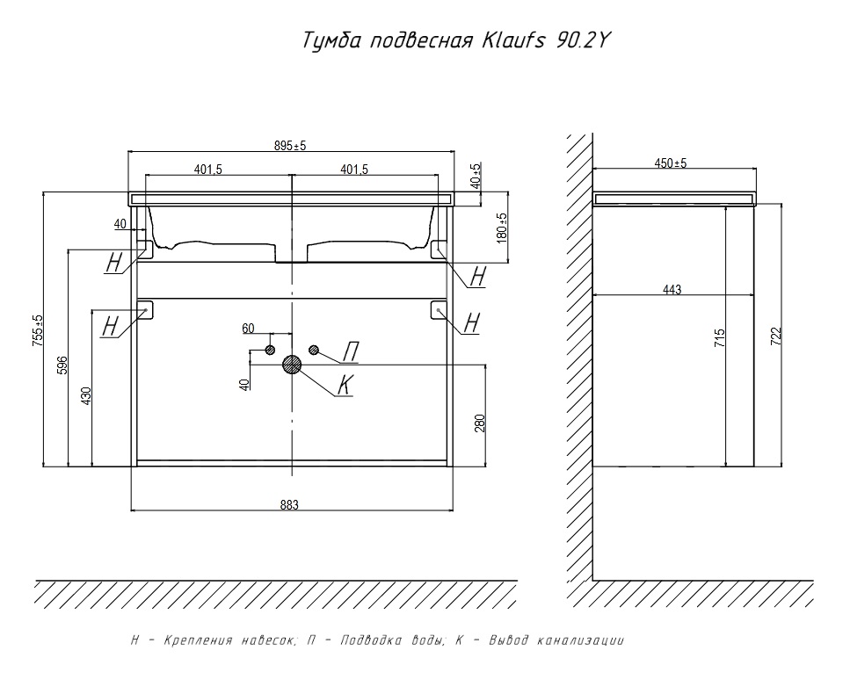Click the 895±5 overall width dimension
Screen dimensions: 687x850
click(x=290, y=146)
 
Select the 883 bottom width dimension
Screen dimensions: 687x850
click(x=290, y=504)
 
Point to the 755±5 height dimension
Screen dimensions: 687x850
click(x=38, y=333)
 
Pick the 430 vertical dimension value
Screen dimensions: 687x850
click(x=86, y=396)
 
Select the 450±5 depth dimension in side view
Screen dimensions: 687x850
click(x=672, y=163)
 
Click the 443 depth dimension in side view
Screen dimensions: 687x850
click(x=672, y=290)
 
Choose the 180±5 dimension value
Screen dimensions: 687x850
click(x=502, y=228)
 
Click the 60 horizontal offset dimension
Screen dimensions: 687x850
click(x=249, y=329)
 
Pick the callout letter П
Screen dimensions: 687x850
click(x=349, y=352)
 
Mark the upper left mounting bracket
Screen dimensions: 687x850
click(x=143, y=249)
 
